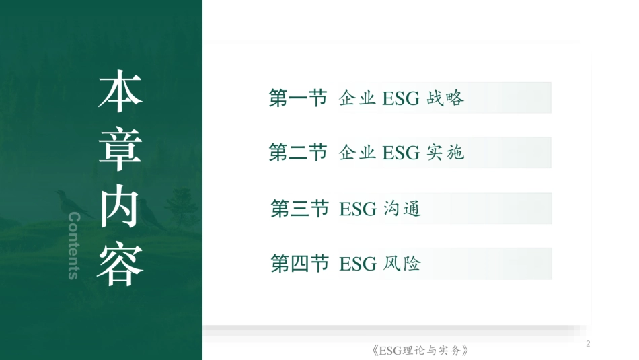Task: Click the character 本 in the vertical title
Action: (121, 91)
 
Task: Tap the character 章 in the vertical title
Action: (121, 147)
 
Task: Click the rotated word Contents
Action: (75, 246)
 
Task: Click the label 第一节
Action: (297, 98)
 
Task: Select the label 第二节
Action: (297, 153)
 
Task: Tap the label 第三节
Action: (299, 209)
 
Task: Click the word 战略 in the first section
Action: (445, 98)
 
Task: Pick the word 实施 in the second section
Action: (445, 153)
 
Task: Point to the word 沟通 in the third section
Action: (402, 209)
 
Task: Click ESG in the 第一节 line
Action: (401, 99)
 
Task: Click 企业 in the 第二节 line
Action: (357, 153)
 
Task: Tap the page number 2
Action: (589, 345)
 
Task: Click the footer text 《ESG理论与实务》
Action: (419, 351)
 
